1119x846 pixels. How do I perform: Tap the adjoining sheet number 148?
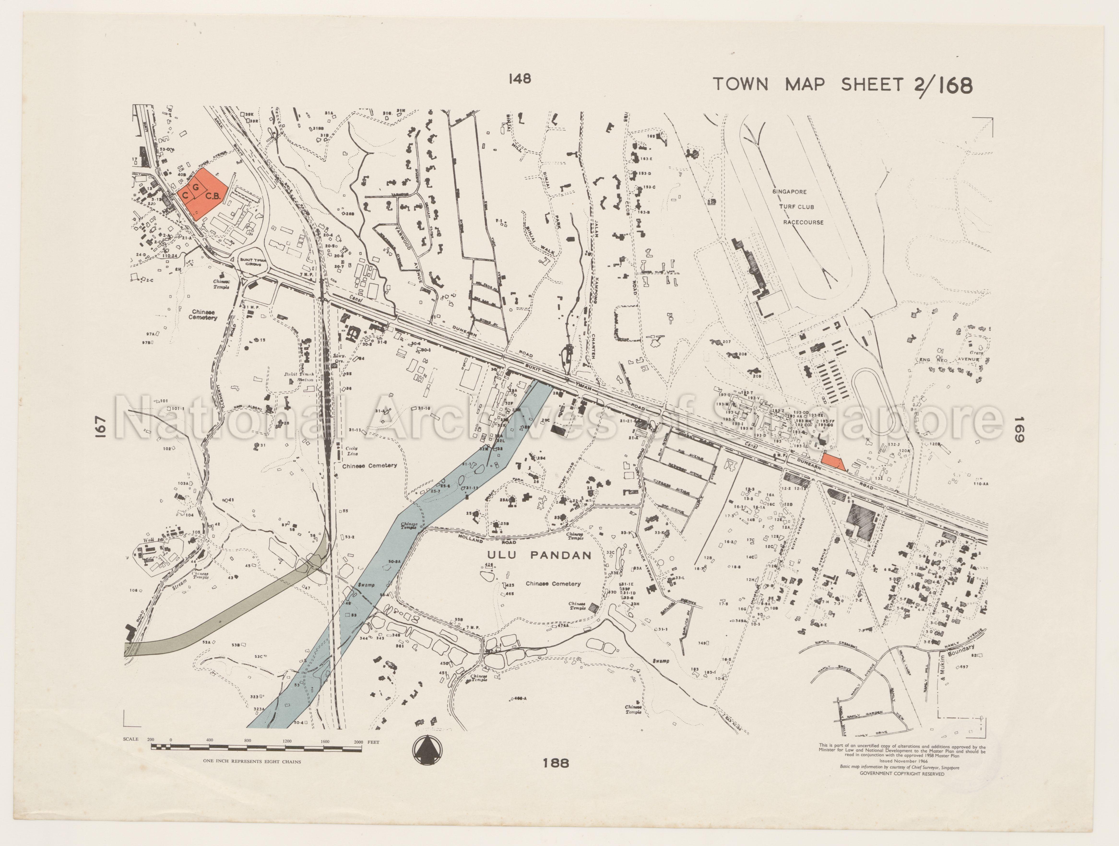click(520, 79)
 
